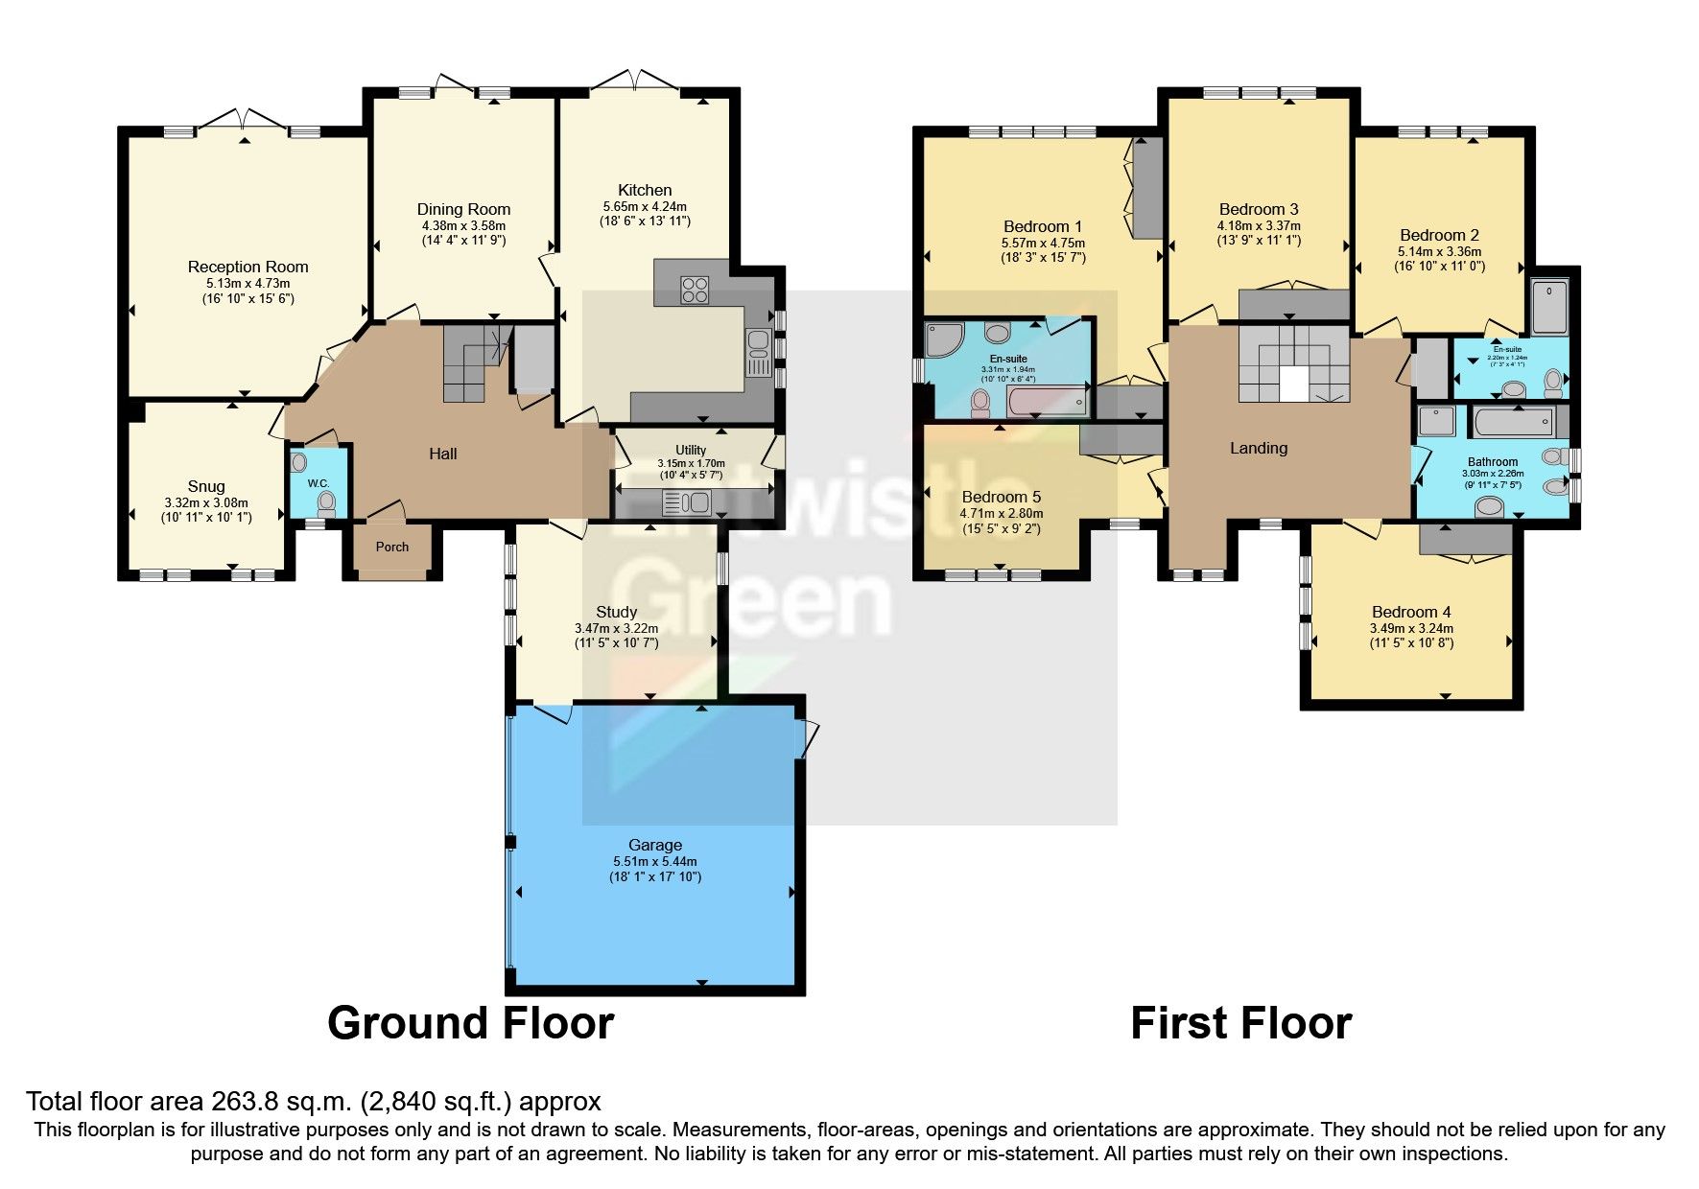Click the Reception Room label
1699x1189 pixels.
pos(248,267)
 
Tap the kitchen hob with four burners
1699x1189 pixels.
pos(694,290)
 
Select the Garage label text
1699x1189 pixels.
pos(655,845)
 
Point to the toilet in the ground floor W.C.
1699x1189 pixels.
pos(326,501)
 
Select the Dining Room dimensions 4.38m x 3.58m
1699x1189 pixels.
pos(463,225)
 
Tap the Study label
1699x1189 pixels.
pos(616,612)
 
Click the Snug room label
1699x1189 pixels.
pos(206,486)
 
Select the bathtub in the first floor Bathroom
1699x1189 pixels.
pos(1514,419)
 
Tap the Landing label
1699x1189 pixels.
pos(1259,448)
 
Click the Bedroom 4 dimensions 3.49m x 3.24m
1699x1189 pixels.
pos(1411,628)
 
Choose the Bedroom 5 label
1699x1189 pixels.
pos(1001,497)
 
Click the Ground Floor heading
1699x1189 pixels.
pos(470,1023)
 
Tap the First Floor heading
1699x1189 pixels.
pos(1240,1023)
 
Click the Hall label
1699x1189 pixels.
pos(442,454)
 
